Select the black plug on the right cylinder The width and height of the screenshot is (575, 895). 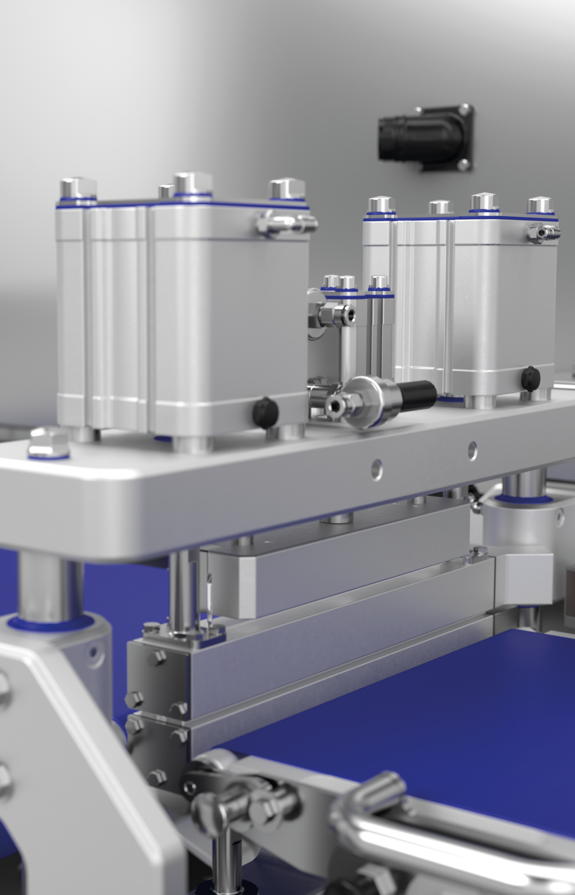[x=529, y=377]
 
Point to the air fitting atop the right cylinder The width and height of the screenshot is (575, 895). [x=542, y=231]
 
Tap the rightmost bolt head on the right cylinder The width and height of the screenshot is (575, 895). [x=540, y=204]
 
